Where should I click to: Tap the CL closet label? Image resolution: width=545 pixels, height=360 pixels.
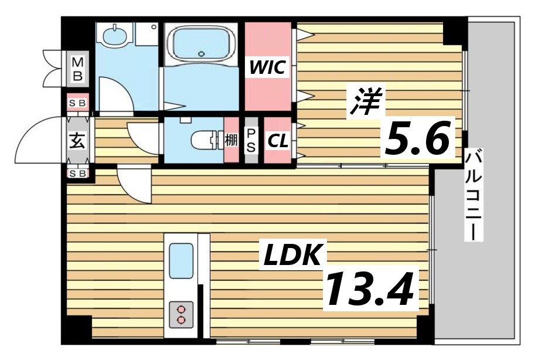coord(277,141)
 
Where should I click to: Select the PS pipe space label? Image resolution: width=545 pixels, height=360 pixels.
coord(251,141)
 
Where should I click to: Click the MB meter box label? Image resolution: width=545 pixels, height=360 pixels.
coord(78,69)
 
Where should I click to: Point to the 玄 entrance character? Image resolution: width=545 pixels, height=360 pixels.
coord(77,141)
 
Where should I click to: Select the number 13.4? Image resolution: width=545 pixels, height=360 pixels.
coord(370,290)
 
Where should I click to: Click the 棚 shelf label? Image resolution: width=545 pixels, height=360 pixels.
coord(231,141)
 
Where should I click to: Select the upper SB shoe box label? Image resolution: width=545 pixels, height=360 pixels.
coord(77,103)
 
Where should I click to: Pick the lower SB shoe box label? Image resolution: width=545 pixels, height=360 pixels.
coord(77,174)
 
